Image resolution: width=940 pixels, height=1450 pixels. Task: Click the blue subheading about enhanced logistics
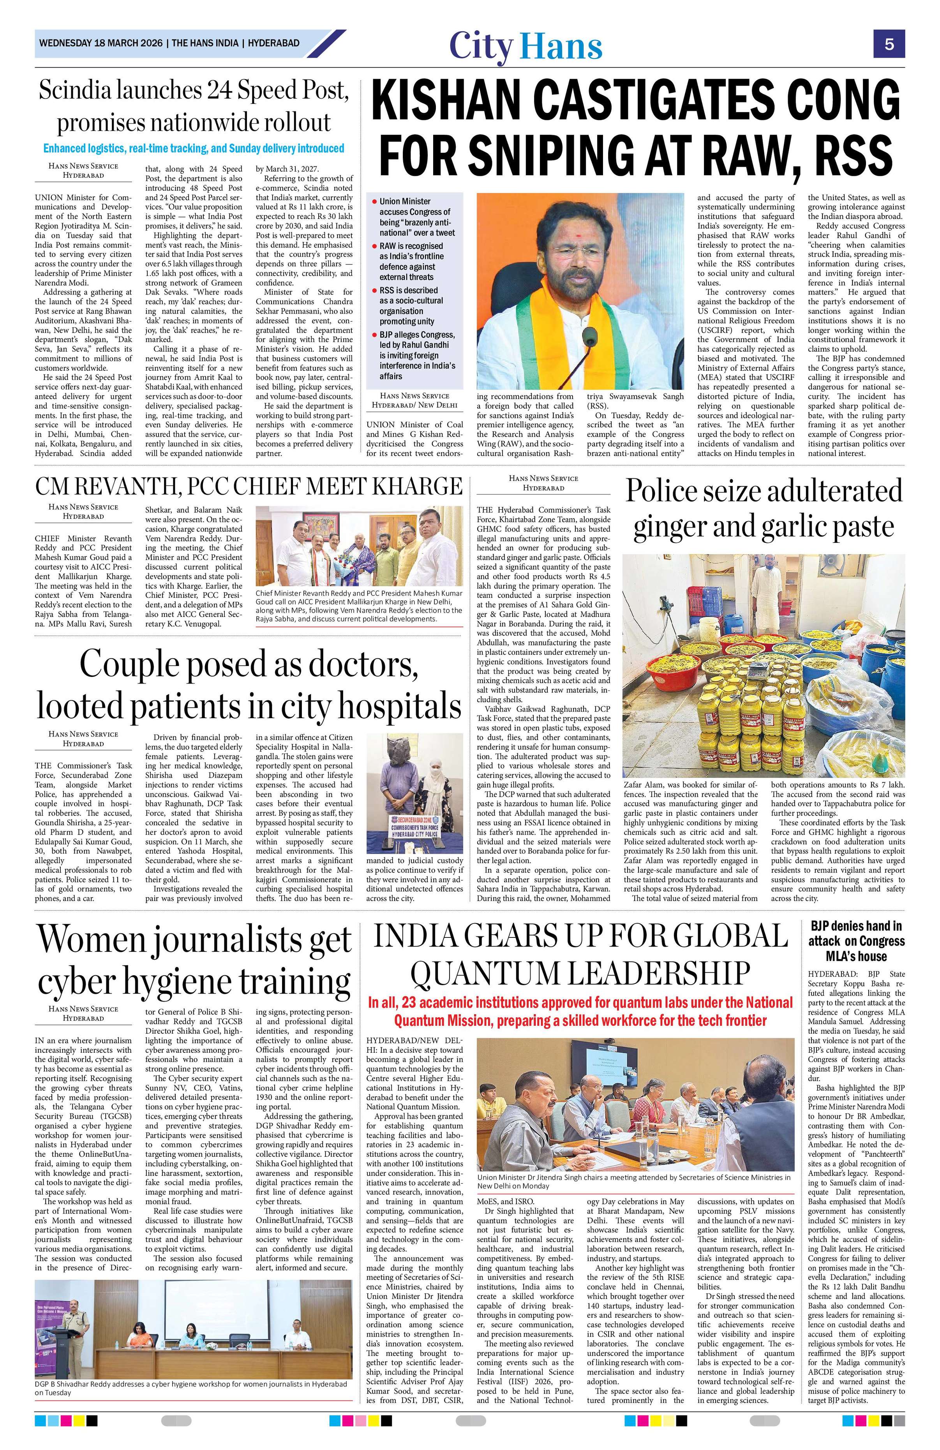click(x=194, y=148)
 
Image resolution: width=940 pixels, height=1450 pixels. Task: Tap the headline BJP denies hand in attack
click(x=856, y=941)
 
